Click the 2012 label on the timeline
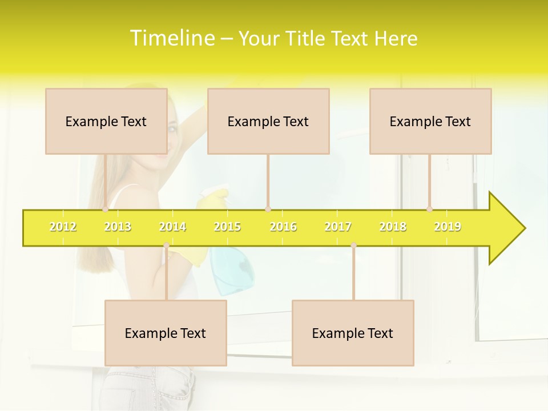(x=63, y=227)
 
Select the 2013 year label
(x=118, y=227)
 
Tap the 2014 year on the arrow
(x=172, y=227)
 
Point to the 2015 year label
(x=227, y=227)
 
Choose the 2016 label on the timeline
(x=283, y=227)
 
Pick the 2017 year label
(x=338, y=227)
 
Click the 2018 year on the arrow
(x=393, y=227)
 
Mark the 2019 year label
(x=448, y=227)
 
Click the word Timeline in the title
(x=171, y=38)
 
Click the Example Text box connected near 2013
(x=106, y=121)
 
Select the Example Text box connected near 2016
(x=268, y=121)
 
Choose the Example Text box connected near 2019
(x=430, y=121)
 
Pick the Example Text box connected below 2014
(x=166, y=333)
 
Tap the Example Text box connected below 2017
(x=353, y=333)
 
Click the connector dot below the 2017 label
(x=353, y=245)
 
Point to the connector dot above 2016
(x=268, y=209)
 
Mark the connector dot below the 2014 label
(x=166, y=245)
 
